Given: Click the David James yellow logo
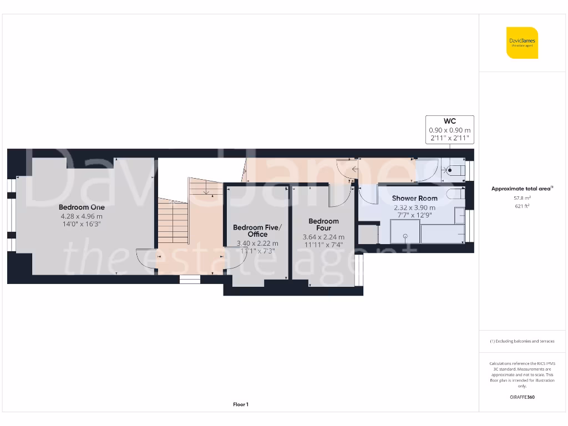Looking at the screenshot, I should (522, 43).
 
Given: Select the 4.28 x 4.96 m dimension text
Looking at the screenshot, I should (82, 216).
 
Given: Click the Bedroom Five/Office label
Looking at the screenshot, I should (257, 231).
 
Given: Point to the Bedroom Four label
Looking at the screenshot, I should (323, 225).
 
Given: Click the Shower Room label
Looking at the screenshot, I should (414, 198).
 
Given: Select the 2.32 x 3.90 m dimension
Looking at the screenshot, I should (415, 207).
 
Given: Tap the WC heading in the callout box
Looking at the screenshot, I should (449, 121).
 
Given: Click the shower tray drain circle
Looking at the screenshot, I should (405, 236).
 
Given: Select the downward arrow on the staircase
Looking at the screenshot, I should (206, 191).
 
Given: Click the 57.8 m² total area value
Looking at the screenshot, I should (522, 197).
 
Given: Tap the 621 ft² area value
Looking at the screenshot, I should (522, 205).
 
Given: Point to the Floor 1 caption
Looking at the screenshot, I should (240, 405).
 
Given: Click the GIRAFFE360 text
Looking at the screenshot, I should (522, 397).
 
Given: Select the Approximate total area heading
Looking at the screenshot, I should (522, 189).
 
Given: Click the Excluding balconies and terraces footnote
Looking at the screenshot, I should (522, 341).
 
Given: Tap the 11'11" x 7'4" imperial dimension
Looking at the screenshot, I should (323, 245).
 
